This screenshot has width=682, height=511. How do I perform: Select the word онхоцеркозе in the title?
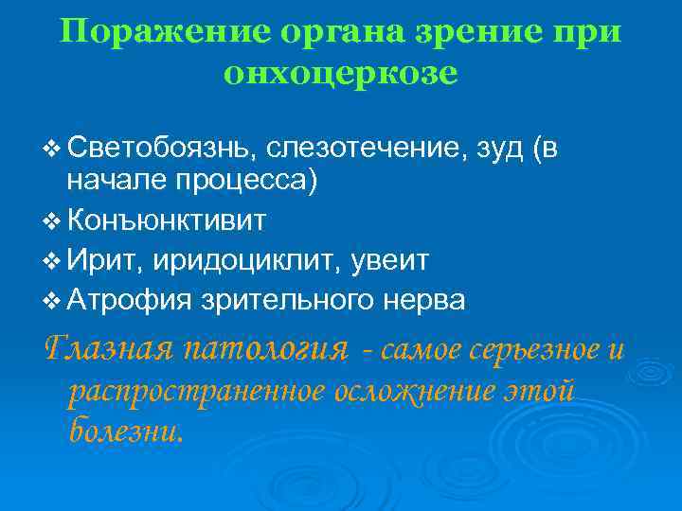pos(341,73)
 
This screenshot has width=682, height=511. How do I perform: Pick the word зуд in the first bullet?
pos(502,149)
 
